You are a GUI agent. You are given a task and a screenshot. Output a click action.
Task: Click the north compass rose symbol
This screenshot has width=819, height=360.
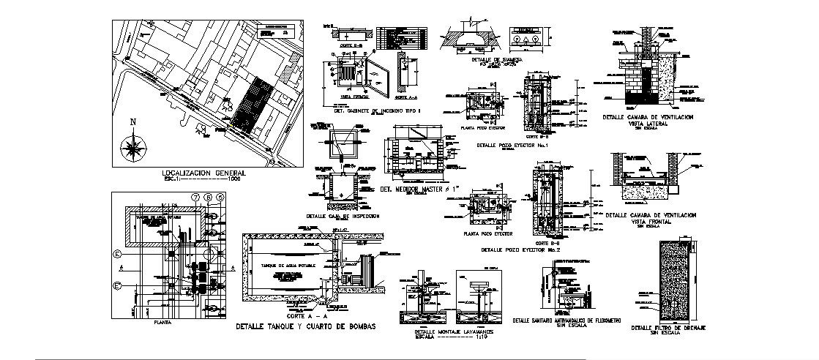coord(134,149)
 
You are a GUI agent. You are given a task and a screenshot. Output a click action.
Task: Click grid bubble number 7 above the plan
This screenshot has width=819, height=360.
coord(195,197)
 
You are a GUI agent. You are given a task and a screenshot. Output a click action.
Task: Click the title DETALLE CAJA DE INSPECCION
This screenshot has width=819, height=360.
coord(343,217)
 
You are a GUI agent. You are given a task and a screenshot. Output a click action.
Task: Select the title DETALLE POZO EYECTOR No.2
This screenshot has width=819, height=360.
coord(520,250)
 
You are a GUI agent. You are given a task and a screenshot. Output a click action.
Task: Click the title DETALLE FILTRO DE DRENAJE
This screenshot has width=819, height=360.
coord(668,327)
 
